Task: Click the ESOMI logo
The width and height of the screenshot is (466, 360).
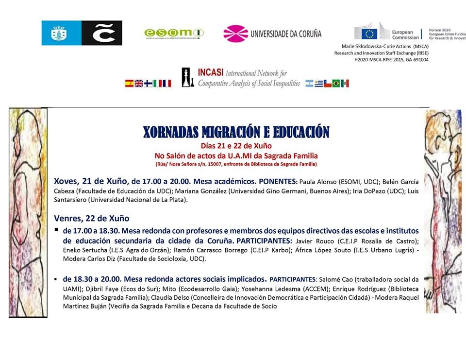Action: click(174, 33)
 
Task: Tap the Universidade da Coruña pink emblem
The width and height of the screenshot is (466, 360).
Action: click(235, 34)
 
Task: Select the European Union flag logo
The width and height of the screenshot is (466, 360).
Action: click(369, 33)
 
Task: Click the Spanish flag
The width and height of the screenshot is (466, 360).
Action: click(129, 84)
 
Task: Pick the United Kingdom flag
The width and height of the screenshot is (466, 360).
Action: click(139, 84)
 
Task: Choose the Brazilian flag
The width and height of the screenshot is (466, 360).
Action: click(336, 84)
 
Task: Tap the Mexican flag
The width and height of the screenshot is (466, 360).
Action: click(345, 84)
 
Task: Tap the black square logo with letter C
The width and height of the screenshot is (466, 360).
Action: click(101, 33)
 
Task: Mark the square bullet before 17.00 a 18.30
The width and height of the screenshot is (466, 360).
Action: click(57, 229)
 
